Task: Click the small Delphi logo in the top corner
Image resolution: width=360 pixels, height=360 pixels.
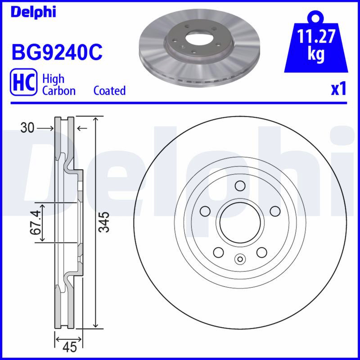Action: click(x=33, y=12)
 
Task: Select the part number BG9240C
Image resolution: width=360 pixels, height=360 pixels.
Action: click(x=57, y=52)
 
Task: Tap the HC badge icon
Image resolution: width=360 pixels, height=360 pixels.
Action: click(x=23, y=82)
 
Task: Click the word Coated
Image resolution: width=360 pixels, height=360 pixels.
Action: click(x=109, y=90)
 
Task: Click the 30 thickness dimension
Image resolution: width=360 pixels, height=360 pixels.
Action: click(x=27, y=128)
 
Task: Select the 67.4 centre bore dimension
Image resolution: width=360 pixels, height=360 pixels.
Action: click(x=36, y=222)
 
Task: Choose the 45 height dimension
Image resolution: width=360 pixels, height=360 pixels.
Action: click(x=70, y=347)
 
